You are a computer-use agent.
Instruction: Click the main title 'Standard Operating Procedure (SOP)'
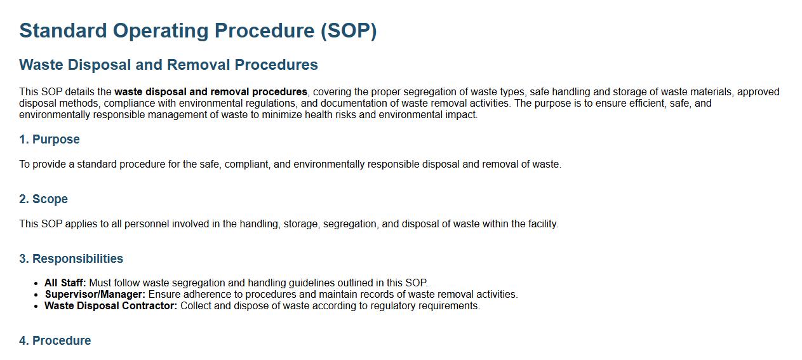tap(198, 30)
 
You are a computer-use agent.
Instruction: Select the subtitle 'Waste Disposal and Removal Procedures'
tap(169, 65)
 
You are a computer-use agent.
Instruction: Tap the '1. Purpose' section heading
tap(50, 139)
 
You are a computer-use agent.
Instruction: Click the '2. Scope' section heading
tap(43, 199)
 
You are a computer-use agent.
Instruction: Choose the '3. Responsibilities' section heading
tap(71, 258)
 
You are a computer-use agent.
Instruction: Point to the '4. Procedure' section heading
tap(55, 340)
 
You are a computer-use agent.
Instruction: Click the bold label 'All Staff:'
tap(65, 283)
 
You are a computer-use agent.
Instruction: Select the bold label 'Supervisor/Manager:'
tap(95, 294)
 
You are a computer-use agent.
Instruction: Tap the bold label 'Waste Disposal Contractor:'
tap(110, 305)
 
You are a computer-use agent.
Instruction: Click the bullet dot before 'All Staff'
tap(36, 283)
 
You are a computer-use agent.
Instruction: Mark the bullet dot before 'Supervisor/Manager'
tap(36, 295)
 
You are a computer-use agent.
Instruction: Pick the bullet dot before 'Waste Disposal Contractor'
tap(36, 306)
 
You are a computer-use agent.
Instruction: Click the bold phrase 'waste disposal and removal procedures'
tap(211, 92)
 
